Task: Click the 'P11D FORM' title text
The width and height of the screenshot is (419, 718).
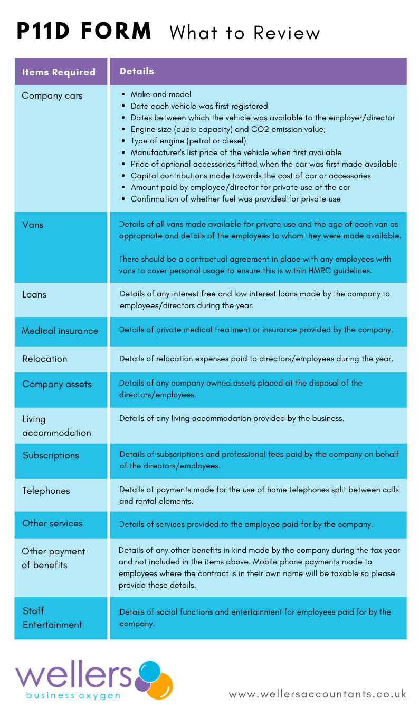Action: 84,32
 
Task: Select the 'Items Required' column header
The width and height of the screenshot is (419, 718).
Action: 59,72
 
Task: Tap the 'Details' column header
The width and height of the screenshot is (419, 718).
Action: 137,71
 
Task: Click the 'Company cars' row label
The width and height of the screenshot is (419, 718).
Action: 52,96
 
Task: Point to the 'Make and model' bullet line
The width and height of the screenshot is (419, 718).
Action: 161,94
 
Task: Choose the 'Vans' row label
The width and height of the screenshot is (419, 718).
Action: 33,225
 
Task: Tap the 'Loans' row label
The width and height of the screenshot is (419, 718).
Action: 34,294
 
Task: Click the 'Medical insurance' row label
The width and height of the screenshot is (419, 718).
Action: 60,331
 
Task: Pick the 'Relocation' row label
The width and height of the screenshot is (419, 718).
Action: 45,359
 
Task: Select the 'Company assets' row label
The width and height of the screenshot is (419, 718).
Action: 57,384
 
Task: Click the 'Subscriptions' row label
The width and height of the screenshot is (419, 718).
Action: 51,455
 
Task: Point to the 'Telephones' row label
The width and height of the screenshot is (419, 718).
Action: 46,491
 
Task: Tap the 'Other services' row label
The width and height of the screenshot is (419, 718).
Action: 53,523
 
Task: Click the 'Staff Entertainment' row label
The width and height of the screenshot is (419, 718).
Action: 52,618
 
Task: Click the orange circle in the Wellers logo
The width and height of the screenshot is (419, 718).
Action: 161,686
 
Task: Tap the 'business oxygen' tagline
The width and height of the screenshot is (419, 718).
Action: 73,696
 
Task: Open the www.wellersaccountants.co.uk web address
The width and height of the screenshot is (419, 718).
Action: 318,694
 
